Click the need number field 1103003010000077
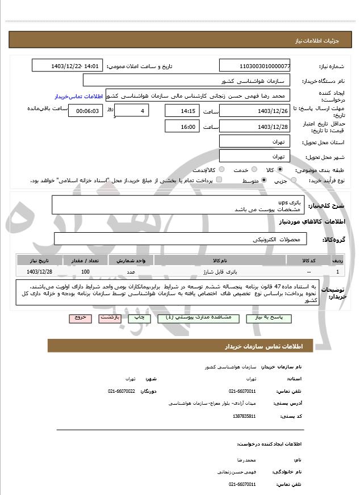(255, 66)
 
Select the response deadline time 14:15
(182, 111)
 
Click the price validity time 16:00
(182, 127)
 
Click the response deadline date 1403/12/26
(255, 111)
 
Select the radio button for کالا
(280, 170)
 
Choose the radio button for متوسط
(264, 181)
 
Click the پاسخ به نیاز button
(269, 318)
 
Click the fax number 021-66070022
(122, 391)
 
